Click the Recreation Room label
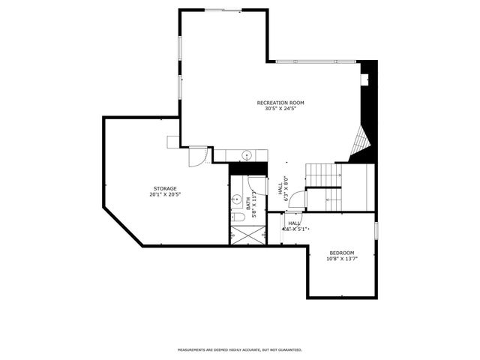point(280,102)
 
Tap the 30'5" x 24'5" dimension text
point(280,109)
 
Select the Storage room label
point(166,187)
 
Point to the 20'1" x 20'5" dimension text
point(166,194)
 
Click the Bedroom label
point(341,253)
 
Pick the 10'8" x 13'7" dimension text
point(341,259)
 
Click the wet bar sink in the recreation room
point(247,155)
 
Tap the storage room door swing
point(196,156)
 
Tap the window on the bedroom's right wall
point(376,228)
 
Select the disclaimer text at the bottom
point(239,349)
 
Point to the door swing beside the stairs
point(298,199)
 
